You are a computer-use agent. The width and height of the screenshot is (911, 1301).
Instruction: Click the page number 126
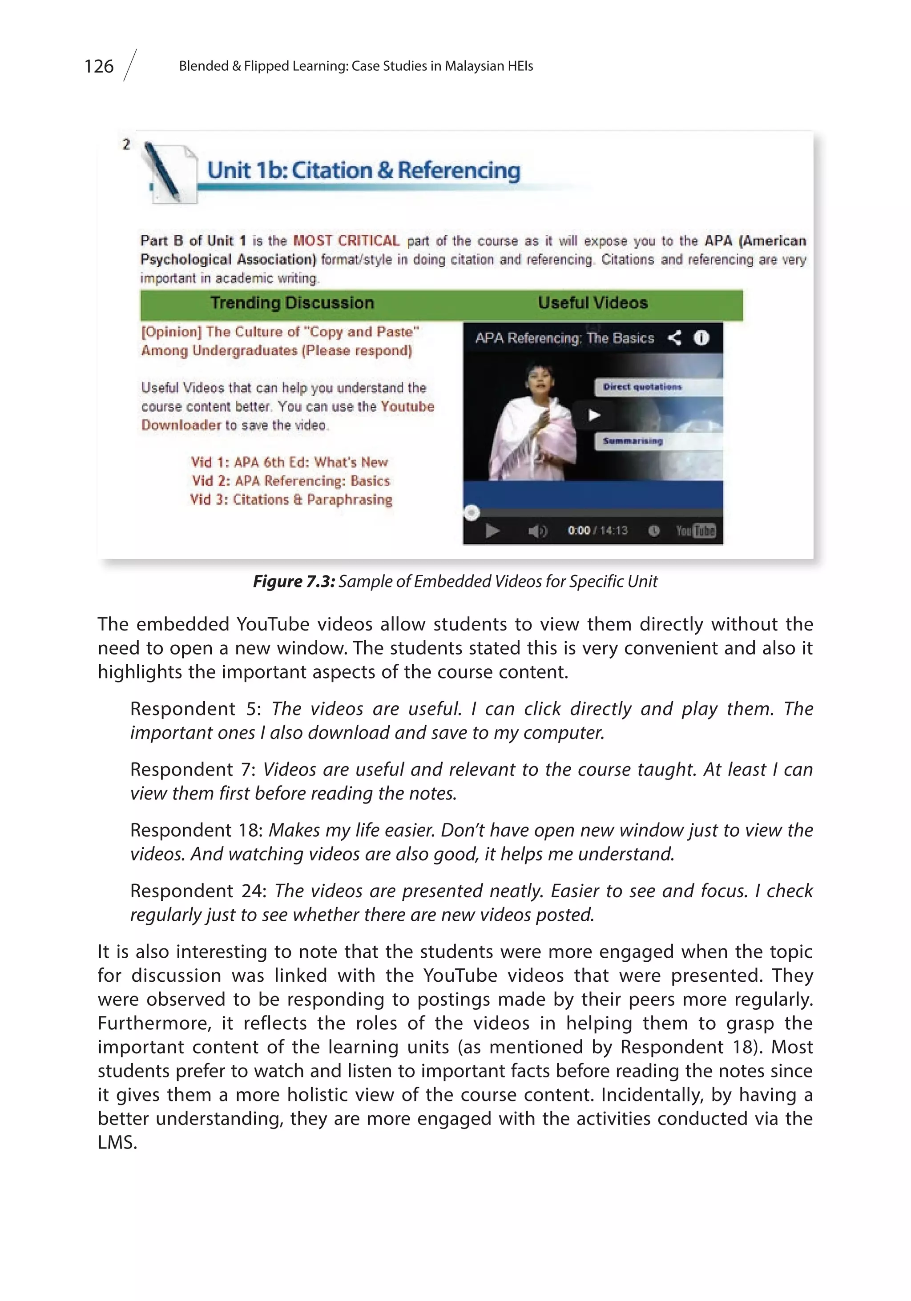(99, 66)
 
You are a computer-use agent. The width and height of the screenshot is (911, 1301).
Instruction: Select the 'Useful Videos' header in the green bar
(593, 303)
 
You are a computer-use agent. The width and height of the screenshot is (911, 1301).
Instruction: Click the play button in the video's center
(593, 415)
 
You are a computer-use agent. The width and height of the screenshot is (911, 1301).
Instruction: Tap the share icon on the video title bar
(674, 338)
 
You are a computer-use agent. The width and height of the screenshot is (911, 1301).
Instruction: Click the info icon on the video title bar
(701, 338)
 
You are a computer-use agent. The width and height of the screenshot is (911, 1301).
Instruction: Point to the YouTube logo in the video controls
(696, 531)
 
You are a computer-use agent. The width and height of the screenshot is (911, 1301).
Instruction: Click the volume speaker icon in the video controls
(537, 531)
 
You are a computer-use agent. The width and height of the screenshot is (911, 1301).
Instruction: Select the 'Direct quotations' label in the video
(642, 387)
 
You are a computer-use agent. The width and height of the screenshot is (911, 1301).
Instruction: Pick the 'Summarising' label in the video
(633, 441)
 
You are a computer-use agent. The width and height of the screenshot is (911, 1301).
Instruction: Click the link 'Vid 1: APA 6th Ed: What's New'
(290, 462)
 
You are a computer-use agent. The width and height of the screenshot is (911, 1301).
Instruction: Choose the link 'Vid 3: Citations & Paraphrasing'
(291, 500)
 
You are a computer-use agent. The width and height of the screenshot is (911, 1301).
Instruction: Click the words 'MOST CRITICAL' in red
(347, 241)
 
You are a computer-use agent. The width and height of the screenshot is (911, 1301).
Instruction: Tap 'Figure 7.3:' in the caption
(294, 582)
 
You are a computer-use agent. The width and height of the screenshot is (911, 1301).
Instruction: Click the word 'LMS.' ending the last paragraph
(117, 1142)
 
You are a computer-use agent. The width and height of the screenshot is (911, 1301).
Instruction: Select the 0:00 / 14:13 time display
(597, 531)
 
